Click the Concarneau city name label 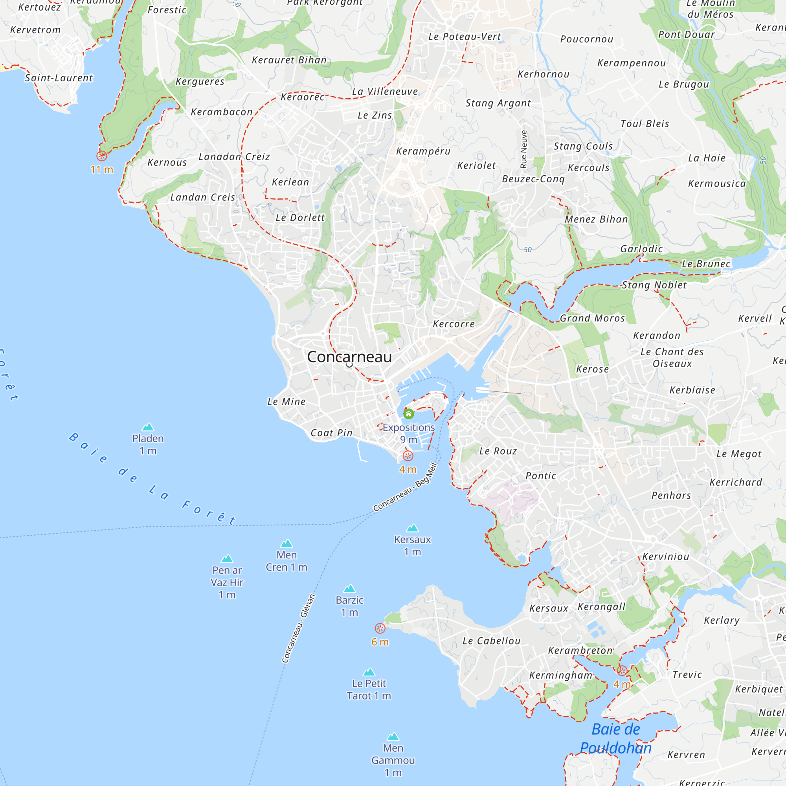(349, 357)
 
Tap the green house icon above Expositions (408, 414)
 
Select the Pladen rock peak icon (148, 427)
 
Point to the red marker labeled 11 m (102, 155)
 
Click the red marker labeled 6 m (380, 628)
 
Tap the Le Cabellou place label (491, 641)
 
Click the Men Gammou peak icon (393, 737)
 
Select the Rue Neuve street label (523, 149)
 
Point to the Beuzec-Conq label (533, 179)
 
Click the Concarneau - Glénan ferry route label (299, 628)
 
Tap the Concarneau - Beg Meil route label (405, 487)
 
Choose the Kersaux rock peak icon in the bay (412, 528)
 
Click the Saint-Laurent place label (59, 78)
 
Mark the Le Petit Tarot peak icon (369, 672)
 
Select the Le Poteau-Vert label (465, 37)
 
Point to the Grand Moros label (592, 318)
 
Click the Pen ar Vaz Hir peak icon (227, 558)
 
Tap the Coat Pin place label (331, 433)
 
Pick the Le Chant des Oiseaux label (672, 358)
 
